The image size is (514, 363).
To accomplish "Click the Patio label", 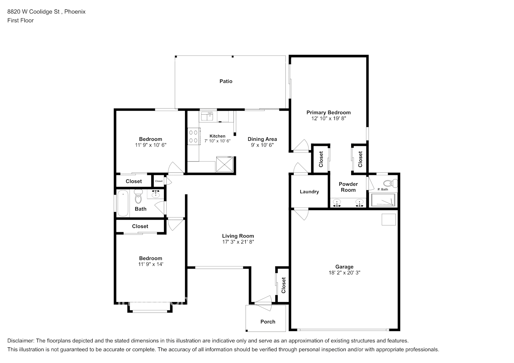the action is [x=226, y=81].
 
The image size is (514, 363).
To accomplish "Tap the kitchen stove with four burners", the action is [x=193, y=136].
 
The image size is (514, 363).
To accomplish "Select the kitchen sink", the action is [x=207, y=116].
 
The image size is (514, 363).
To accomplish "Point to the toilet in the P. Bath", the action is [x=390, y=183].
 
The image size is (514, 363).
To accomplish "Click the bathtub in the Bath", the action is [x=123, y=203].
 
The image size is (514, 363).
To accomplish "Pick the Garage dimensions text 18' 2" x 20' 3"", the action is [x=345, y=273].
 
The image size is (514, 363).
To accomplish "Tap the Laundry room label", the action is [x=309, y=192].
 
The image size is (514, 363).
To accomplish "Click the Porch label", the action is [x=268, y=322].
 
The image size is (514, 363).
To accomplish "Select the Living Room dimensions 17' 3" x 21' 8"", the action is [x=238, y=241].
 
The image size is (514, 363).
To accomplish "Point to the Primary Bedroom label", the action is [x=329, y=112].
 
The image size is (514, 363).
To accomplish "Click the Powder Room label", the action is [x=348, y=187].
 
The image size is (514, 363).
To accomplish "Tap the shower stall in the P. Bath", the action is [x=383, y=200].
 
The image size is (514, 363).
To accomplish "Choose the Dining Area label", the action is [x=262, y=139].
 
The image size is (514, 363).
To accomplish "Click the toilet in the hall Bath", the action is [x=138, y=196].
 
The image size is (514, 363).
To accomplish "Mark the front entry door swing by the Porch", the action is [x=264, y=303].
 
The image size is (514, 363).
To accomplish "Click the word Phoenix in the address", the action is [x=75, y=12].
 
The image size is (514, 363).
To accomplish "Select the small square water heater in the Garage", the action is [x=389, y=220].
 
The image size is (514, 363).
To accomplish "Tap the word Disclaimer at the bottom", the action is [x=21, y=340].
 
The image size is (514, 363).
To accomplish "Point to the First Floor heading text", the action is [x=20, y=20].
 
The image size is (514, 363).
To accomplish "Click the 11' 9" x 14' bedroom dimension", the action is [x=150, y=264].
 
